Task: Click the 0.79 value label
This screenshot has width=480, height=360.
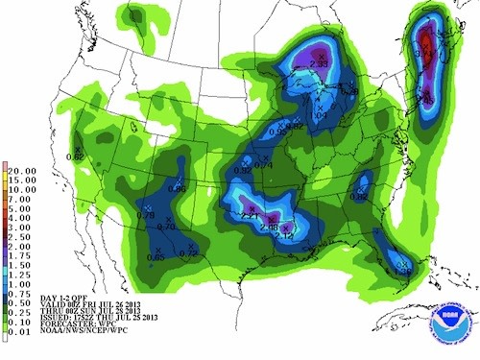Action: [146, 215]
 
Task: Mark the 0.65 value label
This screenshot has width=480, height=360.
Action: [156, 256]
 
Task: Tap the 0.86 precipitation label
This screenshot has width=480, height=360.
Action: [177, 189]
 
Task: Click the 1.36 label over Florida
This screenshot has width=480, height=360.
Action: [403, 272]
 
